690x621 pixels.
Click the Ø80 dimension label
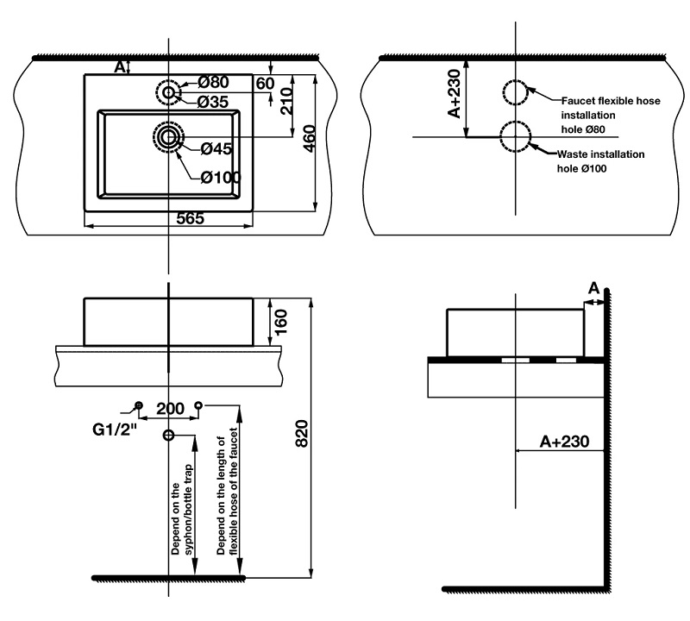(x=213, y=82)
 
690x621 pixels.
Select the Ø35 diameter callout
(x=213, y=102)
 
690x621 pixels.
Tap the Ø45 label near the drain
(x=216, y=148)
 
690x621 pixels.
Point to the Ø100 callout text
(x=221, y=178)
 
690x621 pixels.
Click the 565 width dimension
(x=190, y=218)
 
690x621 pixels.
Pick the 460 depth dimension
(x=310, y=139)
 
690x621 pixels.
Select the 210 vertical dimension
(x=286, y=101)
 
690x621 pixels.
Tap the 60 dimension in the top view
(x=265, y=83)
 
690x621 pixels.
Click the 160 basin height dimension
(x=280, y=322)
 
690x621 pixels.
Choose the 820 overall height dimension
(x=301, y=434)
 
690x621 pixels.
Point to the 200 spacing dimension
(x=170, y=409)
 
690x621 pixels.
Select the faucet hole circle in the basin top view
(x=168, y=92)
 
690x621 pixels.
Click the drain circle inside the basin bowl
(x=168, y=137)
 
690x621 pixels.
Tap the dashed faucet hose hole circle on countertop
(x=515, y=92)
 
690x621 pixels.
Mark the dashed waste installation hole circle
(x=515, y=137)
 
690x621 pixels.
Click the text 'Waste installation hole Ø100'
(x=600, y=161)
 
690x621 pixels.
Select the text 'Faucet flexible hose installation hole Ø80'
(x=611, y=115)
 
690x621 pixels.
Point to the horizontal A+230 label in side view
(x=564, y=442)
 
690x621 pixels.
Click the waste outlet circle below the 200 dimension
(x=168, y=436)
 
